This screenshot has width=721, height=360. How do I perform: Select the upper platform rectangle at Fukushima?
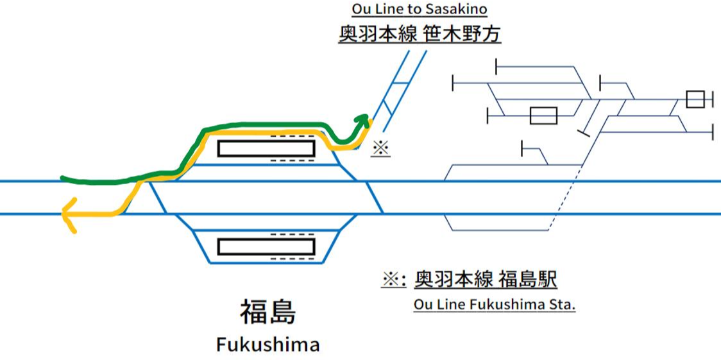click(x=266, y=148)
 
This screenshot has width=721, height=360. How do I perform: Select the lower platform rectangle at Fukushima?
click(x=266, y=246)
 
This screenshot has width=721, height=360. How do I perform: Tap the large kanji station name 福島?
click(x=267, y=313)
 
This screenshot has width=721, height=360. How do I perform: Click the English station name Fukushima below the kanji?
click(x=267, y=345)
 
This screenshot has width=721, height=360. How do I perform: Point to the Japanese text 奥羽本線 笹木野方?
click(x=420, y=33)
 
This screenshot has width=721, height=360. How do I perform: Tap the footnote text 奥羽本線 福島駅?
click(x=486, y=279)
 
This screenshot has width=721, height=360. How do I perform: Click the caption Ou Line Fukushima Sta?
click(x=495, y=304)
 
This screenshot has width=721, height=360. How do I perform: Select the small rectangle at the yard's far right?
click(x=695, y=99)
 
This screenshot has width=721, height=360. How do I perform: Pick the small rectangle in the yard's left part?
click(x=543, y=116)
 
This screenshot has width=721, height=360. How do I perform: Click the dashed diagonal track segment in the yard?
click(x=566, y=198)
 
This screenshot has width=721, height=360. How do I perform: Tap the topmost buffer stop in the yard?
click(x=497, y=66)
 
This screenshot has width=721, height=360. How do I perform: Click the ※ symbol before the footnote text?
click(x=393, y=280)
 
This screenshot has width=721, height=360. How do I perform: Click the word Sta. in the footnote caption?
click(x=563, y=304)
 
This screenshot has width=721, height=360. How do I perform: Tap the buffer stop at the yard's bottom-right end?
click(x=713, y=132)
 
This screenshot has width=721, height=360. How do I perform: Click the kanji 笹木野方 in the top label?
click(x=462, y=33)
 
